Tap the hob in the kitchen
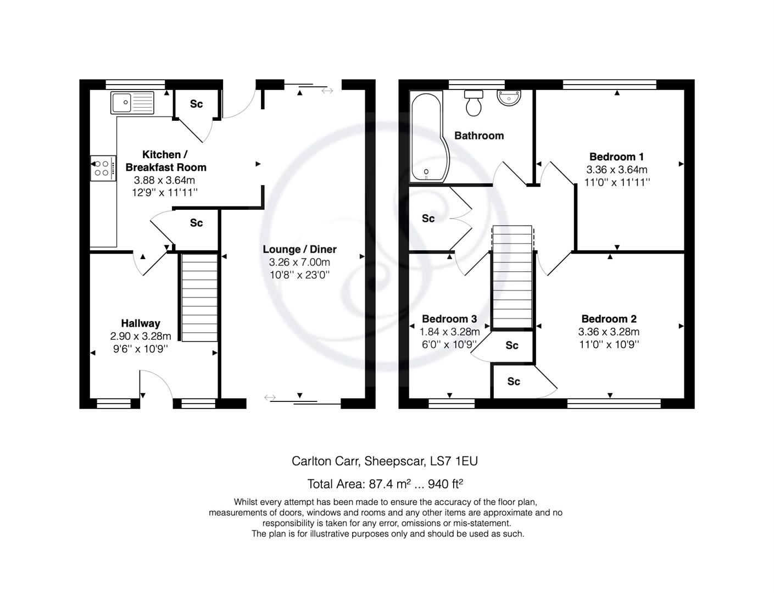[103, 167]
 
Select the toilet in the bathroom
[474, 103]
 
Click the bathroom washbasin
[509, 98]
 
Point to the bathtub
[426, 137]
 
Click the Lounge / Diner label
[299, 249]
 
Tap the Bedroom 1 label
[616, 156]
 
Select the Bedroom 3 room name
[449, 319]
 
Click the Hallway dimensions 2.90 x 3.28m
[141, 336]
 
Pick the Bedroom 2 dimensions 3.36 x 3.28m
[609, 332]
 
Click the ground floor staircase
[199, 297]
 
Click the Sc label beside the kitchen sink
[196, 104]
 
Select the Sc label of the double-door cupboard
[428, 219]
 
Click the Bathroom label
[478, 136]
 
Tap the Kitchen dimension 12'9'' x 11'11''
[164, 193]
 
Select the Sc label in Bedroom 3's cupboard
[512, 345]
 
